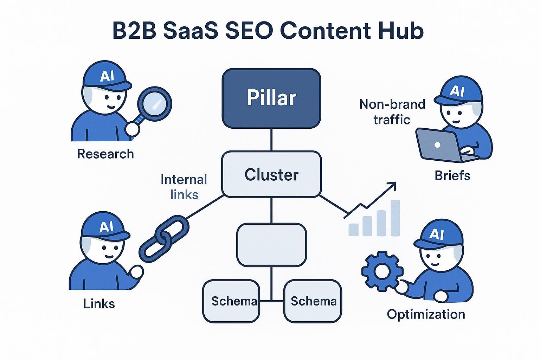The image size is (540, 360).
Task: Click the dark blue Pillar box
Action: coord(271,98)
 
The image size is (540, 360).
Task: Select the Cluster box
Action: coord(271,174)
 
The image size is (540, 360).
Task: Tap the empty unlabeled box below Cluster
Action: coord(271,245)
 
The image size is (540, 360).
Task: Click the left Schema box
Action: coord(231,301)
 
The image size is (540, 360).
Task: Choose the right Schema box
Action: coord(313,301)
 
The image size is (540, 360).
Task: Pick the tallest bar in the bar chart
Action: coord(396,218)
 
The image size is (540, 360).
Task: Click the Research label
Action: coord(105,154)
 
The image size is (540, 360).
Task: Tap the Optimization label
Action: coord(426,314)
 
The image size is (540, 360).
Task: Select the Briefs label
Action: coord(452,175)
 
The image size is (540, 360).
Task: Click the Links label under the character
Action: coord(99,303)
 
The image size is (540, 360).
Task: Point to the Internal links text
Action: coord(184,187)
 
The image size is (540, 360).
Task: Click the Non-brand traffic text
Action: coord(392,112)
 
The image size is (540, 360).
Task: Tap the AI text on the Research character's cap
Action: coord(107,76)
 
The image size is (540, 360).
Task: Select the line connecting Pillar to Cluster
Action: coord(271,140)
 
